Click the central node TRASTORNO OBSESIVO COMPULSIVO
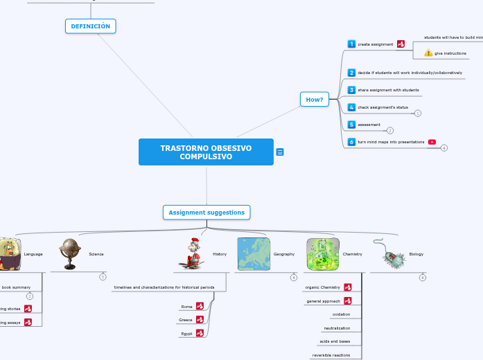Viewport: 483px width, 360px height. tap(206, 152)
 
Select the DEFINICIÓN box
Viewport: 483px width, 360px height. tap(91, 26)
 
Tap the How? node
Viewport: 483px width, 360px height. tap(315, 100)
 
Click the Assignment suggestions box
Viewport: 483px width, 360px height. tap(207, 213)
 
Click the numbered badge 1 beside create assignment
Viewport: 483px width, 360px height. tap(351, 44)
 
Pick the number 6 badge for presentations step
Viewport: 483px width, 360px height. tap(351, 142)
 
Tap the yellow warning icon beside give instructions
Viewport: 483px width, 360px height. tap(428, 53)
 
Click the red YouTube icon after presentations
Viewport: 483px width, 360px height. tap(432, 142)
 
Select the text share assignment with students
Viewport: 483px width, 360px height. tap(388, 90)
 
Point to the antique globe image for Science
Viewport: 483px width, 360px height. tap(70, 254)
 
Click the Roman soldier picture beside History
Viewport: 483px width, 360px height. tap(192, 253)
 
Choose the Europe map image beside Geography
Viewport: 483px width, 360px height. tap(254, 254)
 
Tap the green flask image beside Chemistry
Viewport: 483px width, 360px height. tap(322, 254)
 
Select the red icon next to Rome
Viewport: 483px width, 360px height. tap(200, 306)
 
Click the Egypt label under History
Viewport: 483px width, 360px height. tap(186, 333)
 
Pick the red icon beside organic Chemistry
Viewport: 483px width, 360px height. tap(348, 287)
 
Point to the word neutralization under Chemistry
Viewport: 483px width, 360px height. tap(337, 328)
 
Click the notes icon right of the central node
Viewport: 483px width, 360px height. tap(280, 152)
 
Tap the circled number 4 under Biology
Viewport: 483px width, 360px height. tap(423, 278)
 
